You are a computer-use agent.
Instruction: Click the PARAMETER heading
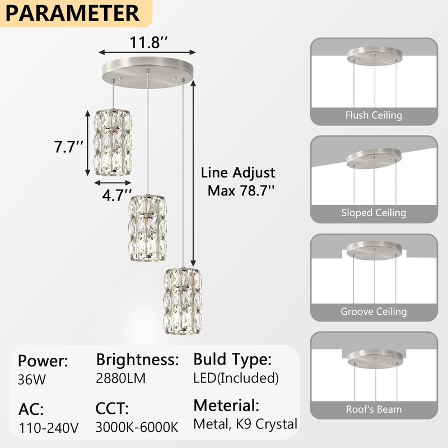pos(73,13)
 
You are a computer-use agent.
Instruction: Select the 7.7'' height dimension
pos(69,148)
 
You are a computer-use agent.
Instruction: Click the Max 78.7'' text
pos(241,190)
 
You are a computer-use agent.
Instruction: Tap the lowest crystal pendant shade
pos(181,301)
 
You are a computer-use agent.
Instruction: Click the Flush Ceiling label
pos(374,115)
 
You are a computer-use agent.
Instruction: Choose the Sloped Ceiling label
pos(374,213)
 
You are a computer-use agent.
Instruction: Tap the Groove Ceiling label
pos(374,311)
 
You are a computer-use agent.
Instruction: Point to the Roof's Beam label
pos(374,409)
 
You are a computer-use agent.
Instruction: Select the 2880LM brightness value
pos(121,378)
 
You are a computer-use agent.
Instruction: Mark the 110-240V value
pos(48,428)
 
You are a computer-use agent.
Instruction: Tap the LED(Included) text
pos(236,378)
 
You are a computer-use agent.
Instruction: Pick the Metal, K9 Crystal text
pos(245,424)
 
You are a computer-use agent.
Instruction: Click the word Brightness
pos(137,359)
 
